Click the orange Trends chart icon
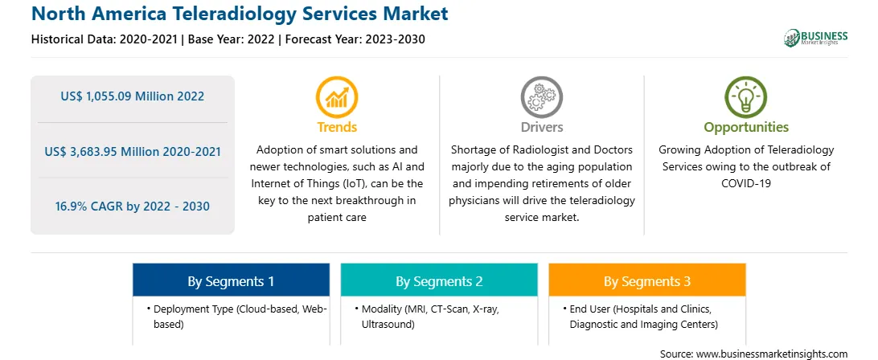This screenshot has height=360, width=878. [337, 97]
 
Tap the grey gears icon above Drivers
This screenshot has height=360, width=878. [541, 97]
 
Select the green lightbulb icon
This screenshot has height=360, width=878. [746, 97]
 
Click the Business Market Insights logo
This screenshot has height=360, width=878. [816, 38]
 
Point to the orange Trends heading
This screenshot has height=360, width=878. [337, 127]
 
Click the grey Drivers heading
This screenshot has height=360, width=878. [542, 127]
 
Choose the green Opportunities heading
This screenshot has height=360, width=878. [746, 127]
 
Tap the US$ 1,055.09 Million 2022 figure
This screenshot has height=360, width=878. [132, 96]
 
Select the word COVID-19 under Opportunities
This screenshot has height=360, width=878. [746, 183]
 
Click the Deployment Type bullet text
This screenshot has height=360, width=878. [237, 317]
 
